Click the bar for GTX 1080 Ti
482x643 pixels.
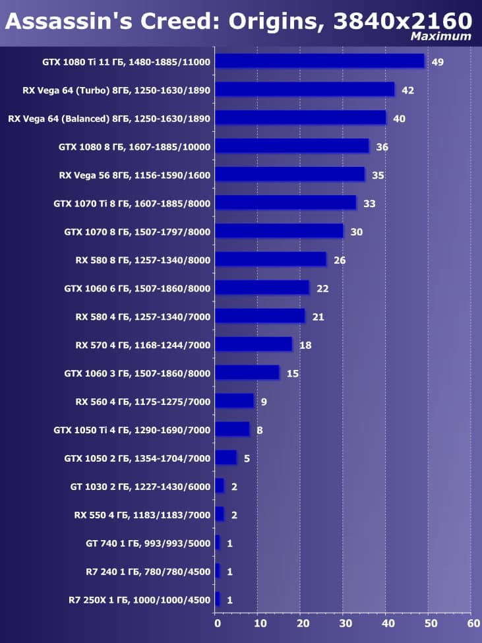pyautogui.click(x=320, y=61)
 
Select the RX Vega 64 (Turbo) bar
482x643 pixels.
pyautogui.click(x=305, y=90)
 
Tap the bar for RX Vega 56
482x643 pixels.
pyautogui.click(x=290, y=175)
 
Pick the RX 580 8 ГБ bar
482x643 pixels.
pyautogui.click(x=270, y=260)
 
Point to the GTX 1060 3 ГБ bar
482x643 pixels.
pyautogui.click(x=247, y=373)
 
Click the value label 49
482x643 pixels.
pyautogui.click(x=437, y=62)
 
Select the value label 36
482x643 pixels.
pyautogui.click(x=382, y=147)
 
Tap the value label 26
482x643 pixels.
pyautogui.click(x=340, y=260)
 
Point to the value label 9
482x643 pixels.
pyautogui.click(x=264, y=402)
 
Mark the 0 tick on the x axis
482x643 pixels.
pyautogui.click(x=217, y=622)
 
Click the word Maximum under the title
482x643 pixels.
pyautogui.click(x=441, y=37)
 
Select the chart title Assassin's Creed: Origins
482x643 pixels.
pyautogui.click(x=165, y=22)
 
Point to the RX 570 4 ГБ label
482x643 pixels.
pyautogui.click(x=143, y=345)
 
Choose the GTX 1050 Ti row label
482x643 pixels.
pyautogui.click(x=132, y=430)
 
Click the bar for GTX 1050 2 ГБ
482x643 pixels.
pyautogui.click(x=226, y=458)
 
